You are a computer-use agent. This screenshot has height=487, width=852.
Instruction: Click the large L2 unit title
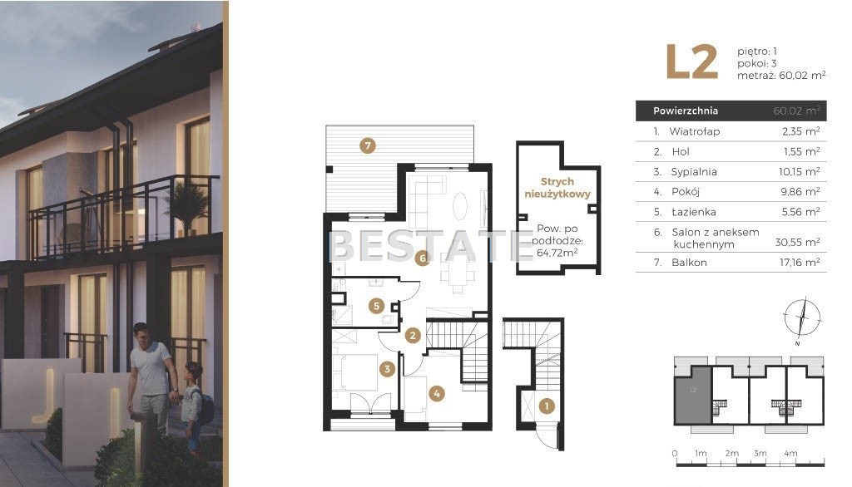(x=691, y=61)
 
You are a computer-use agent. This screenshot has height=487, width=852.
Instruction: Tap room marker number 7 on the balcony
(x=368, y=145)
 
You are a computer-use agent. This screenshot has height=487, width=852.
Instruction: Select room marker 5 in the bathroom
(x=377, y=306)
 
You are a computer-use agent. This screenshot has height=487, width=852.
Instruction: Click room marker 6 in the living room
(x=423, y=258)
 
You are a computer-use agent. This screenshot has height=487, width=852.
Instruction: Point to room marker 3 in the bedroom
(x=387, y=369)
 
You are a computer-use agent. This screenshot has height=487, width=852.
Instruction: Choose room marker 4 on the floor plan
(x=437, y=394)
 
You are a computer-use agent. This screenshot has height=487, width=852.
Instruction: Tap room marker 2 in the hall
(x=413, y=336)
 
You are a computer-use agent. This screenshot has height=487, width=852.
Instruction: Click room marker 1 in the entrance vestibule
(x=547, y=406)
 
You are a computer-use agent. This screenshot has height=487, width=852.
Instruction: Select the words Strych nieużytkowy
(x=557, y=188)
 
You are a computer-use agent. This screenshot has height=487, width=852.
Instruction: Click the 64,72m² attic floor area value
(x=557, y=253)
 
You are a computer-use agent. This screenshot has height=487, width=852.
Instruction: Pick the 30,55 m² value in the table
(x=798, y=242)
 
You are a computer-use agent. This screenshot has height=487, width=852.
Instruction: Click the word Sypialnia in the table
(x=694, y=171)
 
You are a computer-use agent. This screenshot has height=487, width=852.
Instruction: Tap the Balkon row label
(x=689, y=263)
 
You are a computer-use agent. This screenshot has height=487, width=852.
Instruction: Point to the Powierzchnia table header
(x=686, y=111)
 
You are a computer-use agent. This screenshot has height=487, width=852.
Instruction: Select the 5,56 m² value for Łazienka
(x=801, y=212)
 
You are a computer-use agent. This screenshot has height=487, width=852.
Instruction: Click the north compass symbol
(x=801, y=318)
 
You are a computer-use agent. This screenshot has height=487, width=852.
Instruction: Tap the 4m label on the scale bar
(x=790, y=453)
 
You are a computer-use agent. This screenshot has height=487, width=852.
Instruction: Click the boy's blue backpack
(x=205, y=408)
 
